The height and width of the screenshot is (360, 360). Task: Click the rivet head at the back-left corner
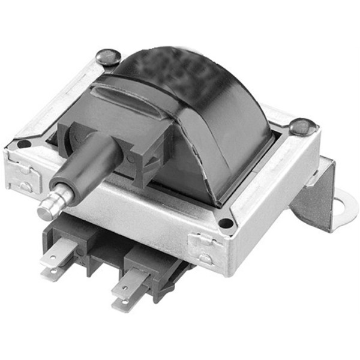coord(109,56)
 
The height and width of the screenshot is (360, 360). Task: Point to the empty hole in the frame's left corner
coord(23,144)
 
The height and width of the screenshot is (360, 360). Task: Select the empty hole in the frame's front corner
coord(226,223)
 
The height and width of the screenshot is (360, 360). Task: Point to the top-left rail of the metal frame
coord(60,102)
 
